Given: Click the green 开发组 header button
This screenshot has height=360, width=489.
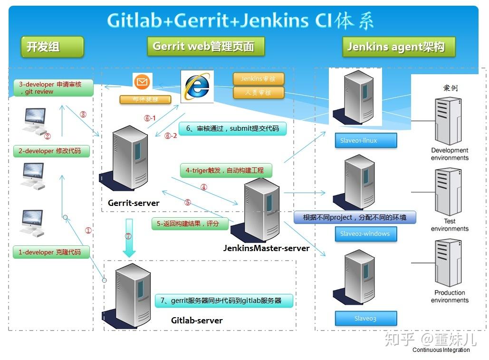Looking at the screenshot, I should pyautogui.click(x=52, y=47).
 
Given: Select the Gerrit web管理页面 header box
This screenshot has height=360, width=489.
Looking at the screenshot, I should pyautogui.click(x=205, y=47).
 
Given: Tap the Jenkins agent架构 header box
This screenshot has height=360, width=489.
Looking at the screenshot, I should pyautogui.click(x=398, y=47).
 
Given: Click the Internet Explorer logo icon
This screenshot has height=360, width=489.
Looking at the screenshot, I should pyautogui.click(x=197, y=87).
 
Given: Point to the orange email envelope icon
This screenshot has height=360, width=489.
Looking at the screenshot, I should pyautogui.click(x=141, y=82).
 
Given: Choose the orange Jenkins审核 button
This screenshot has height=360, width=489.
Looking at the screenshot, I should pyautogui.click(x=258, y=79).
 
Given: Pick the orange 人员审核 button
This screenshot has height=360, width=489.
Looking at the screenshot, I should pyautogui.click(x=258, y=92).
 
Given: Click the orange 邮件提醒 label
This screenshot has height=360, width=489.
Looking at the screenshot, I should pyautogui.click(x=145, y=99).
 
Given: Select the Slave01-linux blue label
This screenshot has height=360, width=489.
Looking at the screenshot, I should pyautogui.click(x=365, y=140).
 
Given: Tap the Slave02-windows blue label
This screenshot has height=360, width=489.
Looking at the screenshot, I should pyautogui.click(x=365, y=234).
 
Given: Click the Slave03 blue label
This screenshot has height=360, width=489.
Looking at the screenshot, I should pyautogui.click(x=365, y=318).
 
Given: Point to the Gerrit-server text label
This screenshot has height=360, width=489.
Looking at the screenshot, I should pyautogui.click(x=134, y=203).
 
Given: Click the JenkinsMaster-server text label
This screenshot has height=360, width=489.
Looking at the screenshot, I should pyautogui.click(x=266, y=248).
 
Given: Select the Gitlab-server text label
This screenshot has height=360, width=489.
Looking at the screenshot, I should pyautogui.click(x=197, y=320).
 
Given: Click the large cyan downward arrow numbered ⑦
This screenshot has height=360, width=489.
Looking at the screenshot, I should pyautogui.click(x=129, y=238).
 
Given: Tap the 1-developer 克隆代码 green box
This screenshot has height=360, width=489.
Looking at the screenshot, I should pyautogui.click(x=51, y=252).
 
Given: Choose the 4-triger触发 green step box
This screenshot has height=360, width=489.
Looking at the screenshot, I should pyautogui.click(x=226, y=170).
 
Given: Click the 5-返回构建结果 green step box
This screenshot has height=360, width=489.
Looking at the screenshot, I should pyautogui.click(x=190, y=223).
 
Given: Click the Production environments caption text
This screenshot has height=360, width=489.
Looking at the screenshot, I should pyautogui.click(x=450, y=296).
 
